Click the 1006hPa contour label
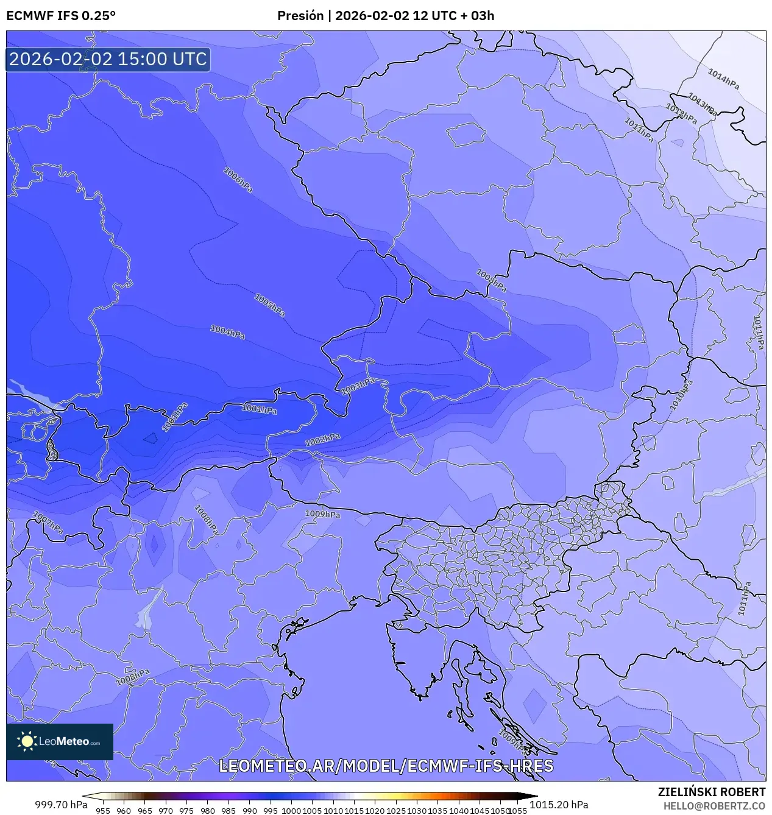(238, 180)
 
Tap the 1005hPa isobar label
(269, 305)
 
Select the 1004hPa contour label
(227, 332)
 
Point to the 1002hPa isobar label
(322, 440)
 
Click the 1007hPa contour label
(48, 523)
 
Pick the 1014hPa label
(723, 79)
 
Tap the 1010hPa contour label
(681, 395)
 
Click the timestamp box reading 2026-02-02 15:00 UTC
(108, 59)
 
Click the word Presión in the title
(300, 16)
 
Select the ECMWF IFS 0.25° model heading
(61, 16)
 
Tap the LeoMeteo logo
(60, 741)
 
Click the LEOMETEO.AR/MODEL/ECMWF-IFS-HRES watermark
(386, 766)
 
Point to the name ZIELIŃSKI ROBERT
(711, 792)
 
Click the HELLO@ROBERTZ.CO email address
(714, 806)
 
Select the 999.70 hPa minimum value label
(61, 805)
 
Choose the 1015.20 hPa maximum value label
(559, 805)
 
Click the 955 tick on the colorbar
(103, 810)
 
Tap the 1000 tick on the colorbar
(291, 810)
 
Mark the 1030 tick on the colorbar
(417, 810)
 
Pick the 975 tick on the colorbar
(186, 810)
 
